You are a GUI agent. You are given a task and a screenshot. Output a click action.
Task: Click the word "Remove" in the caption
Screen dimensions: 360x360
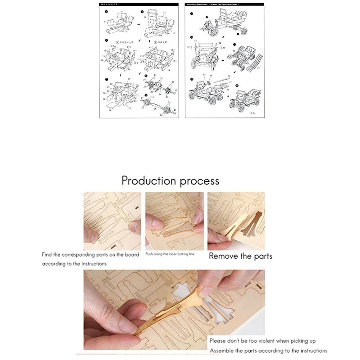click(224, 256)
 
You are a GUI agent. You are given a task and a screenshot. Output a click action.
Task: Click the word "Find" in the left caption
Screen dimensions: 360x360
click(48, 255)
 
